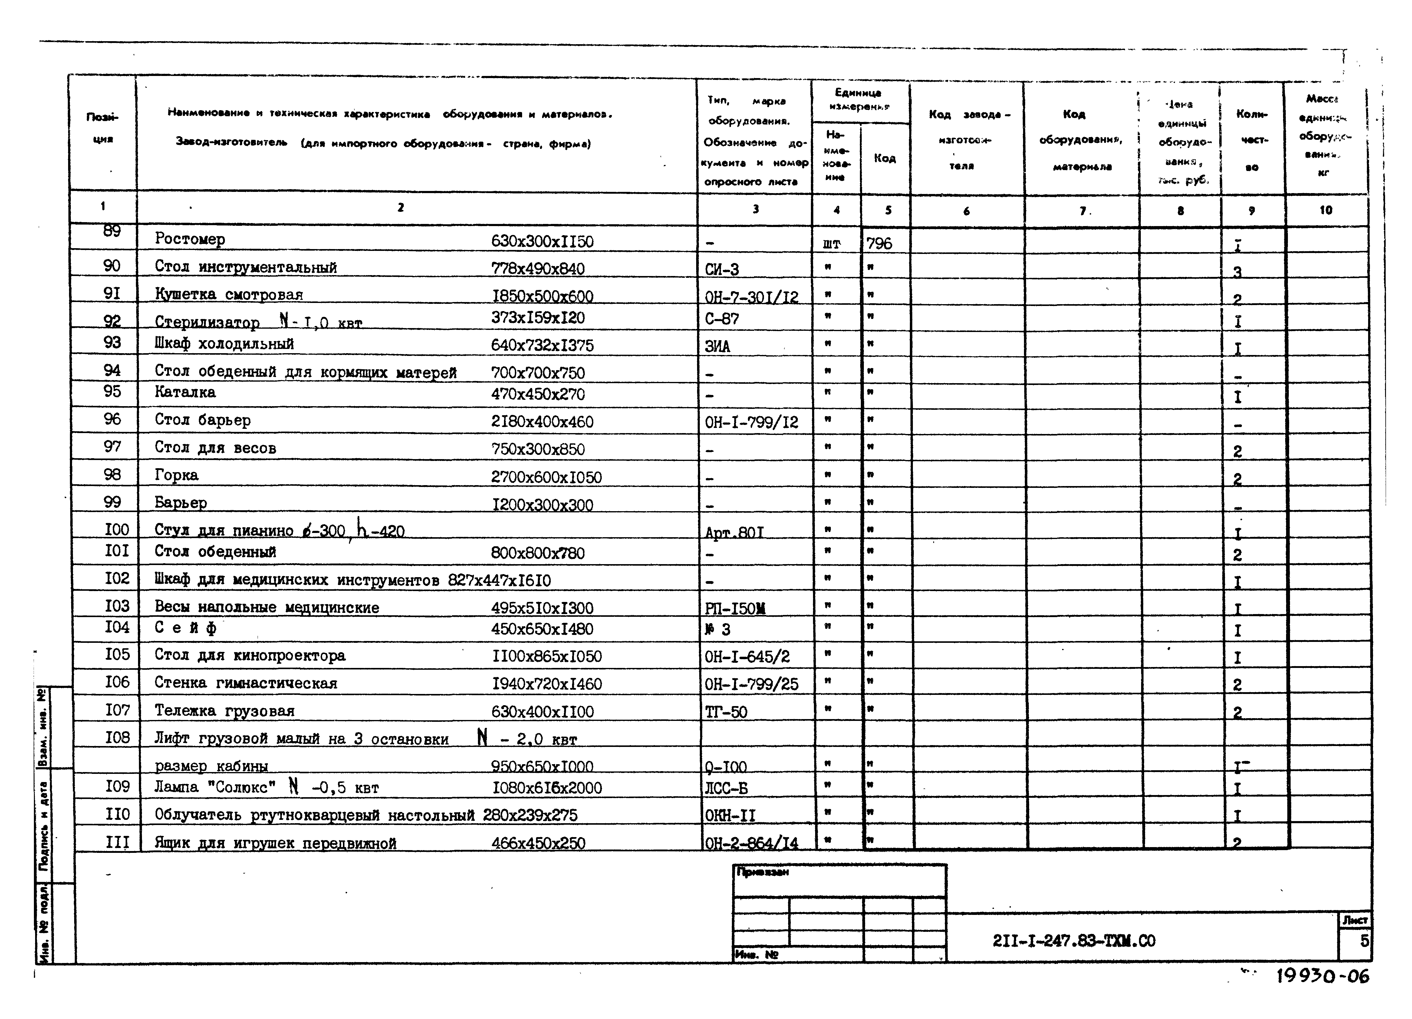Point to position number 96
pyautogui.click(x=112, y=419)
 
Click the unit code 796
pyautogui.click(x=879, y=243)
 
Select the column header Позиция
pyautogui.click(x=102, y=128)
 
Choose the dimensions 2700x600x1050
pyautogui.click(x=546, y=478)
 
